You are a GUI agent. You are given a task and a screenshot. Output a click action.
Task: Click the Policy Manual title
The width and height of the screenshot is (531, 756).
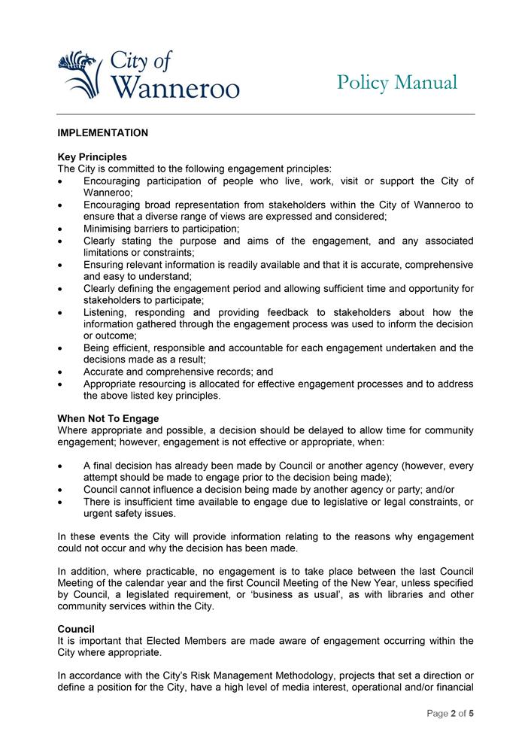point(396,82)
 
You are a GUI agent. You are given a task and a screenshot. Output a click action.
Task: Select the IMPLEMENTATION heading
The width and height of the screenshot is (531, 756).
point(102,133)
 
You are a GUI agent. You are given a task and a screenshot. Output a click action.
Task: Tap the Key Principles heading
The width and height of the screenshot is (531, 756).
point(92,157)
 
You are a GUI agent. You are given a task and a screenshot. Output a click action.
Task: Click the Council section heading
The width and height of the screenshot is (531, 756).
point(77,628)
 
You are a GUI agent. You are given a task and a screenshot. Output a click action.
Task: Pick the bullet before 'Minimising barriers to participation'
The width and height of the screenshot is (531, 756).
point(61,229)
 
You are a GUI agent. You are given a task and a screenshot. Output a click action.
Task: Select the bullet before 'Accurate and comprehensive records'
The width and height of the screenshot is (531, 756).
point(61,372)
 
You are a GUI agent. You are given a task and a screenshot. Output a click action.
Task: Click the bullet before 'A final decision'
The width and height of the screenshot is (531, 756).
point(61,466)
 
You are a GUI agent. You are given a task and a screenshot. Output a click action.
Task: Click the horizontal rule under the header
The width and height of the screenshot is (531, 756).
point(265,114)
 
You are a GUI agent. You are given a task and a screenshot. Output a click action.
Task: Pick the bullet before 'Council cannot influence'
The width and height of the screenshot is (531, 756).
point(61,490)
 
